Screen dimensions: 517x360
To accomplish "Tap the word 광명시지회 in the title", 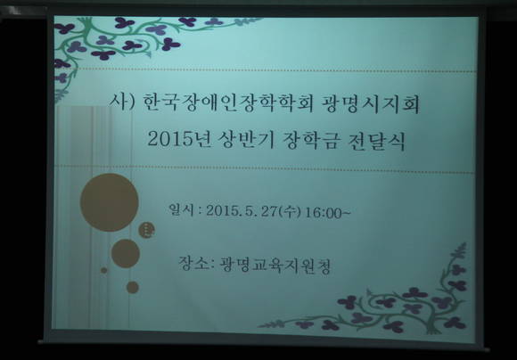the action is coord(370,104).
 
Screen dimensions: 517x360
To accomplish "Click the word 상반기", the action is coord(247,139).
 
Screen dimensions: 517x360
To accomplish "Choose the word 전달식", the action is coord(376,142).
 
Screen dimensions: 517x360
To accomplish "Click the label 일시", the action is coord(181,209).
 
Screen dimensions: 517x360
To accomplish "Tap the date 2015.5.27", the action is coord(242,211).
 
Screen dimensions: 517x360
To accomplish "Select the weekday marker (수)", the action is coord(290,212).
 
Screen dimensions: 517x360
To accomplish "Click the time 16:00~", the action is coord(327,213).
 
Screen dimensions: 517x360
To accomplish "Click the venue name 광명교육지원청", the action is coord(275,266).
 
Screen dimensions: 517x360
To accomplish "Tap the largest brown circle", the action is coord(109,202).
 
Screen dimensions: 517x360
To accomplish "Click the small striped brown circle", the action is coord(146,230).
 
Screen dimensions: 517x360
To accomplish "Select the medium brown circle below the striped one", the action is coord(126,254).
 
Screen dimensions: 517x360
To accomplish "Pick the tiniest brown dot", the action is coord(104,270).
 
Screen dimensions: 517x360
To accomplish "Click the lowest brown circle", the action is coord(133,287).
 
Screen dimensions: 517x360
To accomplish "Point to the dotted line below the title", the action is coord(264,168).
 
